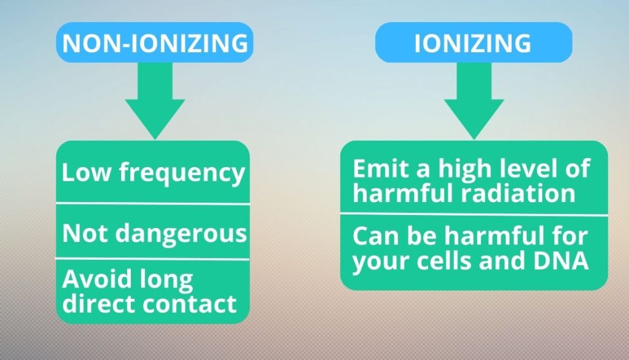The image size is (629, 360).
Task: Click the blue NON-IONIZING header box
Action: pyautogui.click(x=154, y=42)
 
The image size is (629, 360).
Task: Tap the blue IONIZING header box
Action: pyautogui.click(x=474, y=42)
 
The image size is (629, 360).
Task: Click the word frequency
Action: pyautogui.click(x=182, y=173)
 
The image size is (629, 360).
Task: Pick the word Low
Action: pyautogui.click(x=86, y=172)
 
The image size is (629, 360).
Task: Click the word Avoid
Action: pyautogui.click(x=97, y=279)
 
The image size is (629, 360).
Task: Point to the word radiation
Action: pyautogui.click(x=518, y=194)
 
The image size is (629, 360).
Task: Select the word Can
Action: pyautogui.click(x=377, y=236)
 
